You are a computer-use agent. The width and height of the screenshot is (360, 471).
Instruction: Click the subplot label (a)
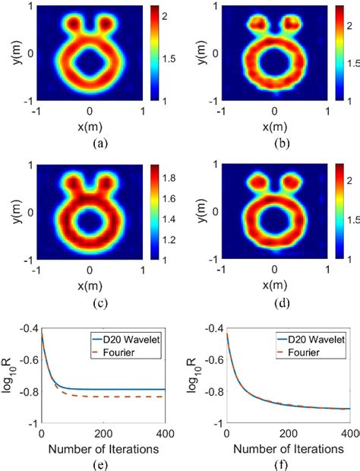click(90, 143)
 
